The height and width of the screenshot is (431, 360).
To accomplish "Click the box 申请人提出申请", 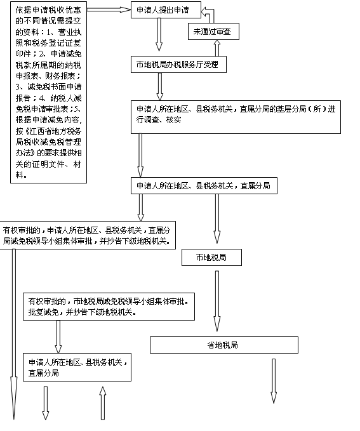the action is coord(166,10).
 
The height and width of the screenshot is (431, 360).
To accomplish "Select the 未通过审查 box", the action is coord(213,32).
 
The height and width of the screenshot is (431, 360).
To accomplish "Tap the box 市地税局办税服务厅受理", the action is coord(178,65).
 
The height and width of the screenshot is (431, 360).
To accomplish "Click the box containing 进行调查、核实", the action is coord(236,117).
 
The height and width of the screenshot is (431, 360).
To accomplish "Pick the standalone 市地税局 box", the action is coord(211,258).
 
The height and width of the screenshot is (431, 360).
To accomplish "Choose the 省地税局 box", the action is coord(224,345).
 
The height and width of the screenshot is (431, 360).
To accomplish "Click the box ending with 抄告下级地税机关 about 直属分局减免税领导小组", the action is coord(88,235).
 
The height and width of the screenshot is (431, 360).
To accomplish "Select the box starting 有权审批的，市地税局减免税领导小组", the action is coord(109,307).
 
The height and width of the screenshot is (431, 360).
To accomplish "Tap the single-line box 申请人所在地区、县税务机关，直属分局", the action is coord(204,186).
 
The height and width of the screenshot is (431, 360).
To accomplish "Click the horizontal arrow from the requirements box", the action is coord(109,10).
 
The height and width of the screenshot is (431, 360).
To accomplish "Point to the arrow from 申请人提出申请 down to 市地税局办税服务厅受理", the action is coord(159,34).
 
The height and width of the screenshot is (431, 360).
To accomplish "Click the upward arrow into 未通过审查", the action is coord(217,48).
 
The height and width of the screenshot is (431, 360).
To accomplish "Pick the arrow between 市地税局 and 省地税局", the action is coord(217,301).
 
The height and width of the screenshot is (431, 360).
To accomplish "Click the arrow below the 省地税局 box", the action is coord(274,381).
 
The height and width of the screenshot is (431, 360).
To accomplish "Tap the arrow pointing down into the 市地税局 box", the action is coord(217,219).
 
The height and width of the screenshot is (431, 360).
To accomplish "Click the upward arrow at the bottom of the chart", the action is coord(103,403).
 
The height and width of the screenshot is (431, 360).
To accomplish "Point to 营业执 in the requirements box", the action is coord(70,32).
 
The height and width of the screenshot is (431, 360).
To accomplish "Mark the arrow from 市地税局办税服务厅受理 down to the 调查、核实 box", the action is coord(160,86).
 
